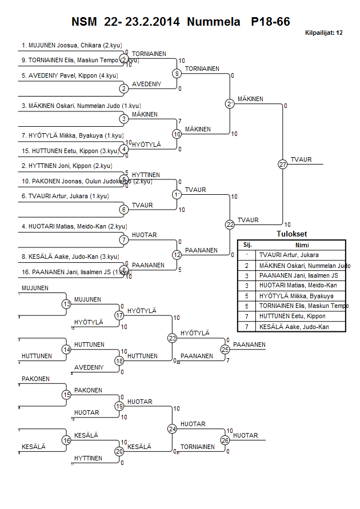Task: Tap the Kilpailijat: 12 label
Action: [324, 33]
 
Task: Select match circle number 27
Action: [283, 165]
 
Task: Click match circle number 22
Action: [230, 225]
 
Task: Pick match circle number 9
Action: [177, 74]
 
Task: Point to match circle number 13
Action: [67, 304]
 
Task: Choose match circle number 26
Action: [225, 440]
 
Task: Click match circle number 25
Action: [225, 349]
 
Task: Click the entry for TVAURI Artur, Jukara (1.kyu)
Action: [65, 196]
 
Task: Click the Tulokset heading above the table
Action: [292, 234]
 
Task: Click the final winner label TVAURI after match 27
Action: [301, 159]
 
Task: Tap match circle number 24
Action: [173, 428]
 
